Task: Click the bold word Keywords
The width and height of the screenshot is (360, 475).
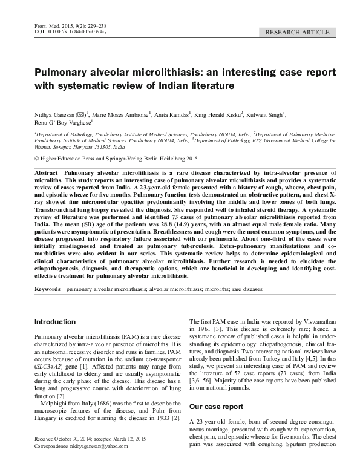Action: tap(48, 290)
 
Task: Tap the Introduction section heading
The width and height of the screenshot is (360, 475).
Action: tap(55, 322)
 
